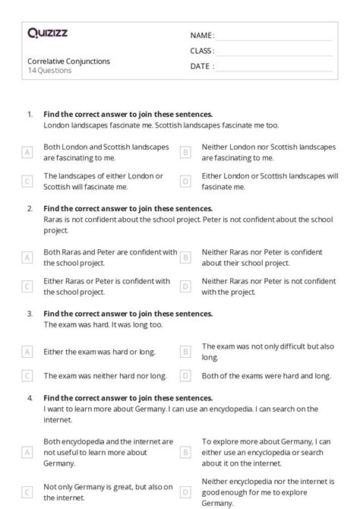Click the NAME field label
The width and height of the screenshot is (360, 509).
tap(201, 36)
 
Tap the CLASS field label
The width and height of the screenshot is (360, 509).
tap(202, 51)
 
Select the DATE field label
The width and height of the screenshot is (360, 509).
tap(201, 66)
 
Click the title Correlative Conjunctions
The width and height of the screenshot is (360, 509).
tap(68, 61)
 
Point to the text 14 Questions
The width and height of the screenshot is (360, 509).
tap(49, 71)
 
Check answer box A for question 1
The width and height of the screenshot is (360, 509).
tap(27, 152)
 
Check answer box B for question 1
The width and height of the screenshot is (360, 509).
tap(185, 152)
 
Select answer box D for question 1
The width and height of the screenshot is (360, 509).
tap(185, 181)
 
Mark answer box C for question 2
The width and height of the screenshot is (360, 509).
tap(27, 286)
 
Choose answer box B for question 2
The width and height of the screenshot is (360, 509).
tap(185, 258)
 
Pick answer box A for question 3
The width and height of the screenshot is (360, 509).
tap(27, 352)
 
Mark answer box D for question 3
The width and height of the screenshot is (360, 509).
tap(185, 375)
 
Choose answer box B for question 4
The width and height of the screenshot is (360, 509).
tap(185, 452)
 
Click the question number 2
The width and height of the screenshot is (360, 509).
tap(30, 208)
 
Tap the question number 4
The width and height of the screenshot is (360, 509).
tap(30, 398)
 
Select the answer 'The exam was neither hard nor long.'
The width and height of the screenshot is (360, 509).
tap(105, 375)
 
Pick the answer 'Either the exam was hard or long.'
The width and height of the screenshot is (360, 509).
tap(99, 352)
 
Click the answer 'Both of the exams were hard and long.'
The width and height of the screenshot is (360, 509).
tap(266, 375)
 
